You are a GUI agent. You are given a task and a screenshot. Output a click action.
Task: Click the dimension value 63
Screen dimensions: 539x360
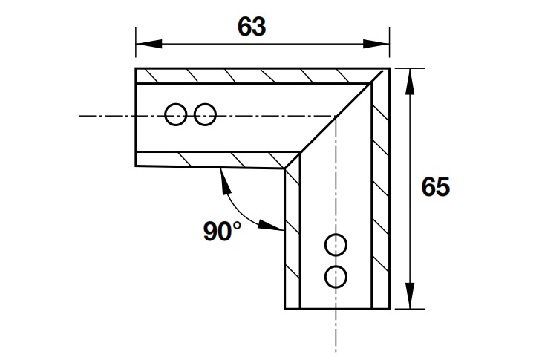pos(252,27)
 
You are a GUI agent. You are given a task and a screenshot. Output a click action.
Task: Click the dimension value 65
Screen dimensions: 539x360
pos(436,187)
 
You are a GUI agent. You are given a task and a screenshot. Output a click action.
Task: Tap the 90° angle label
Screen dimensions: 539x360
pos(222,231)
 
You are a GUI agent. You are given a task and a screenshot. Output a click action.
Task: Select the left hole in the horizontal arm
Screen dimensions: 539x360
pos(176,114)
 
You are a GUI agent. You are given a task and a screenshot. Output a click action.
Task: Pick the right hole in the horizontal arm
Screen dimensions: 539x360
pos(205,114)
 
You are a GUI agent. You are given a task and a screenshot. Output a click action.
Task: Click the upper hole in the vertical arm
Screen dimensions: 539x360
pos(336,245)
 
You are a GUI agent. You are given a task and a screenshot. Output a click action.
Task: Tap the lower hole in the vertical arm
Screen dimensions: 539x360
pos(336,277)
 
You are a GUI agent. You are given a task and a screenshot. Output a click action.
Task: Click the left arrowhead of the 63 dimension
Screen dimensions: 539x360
pos(148,44)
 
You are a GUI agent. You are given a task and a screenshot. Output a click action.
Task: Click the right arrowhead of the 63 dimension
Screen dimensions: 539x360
pos(376,44)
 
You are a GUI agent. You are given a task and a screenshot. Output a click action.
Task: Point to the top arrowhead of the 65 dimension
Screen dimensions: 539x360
pos(409,82)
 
